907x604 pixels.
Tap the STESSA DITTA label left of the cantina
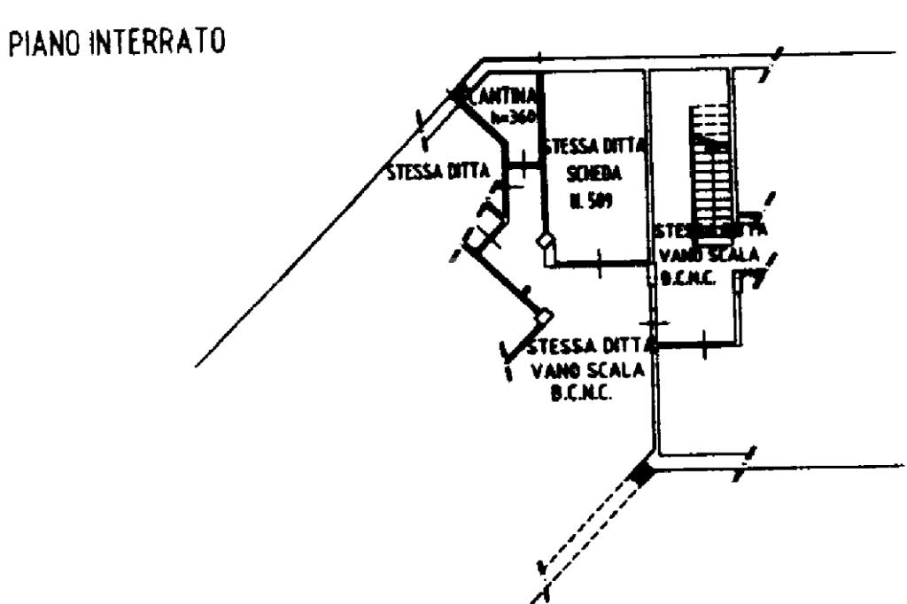point(438,172)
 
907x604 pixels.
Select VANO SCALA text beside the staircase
point(709,256)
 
